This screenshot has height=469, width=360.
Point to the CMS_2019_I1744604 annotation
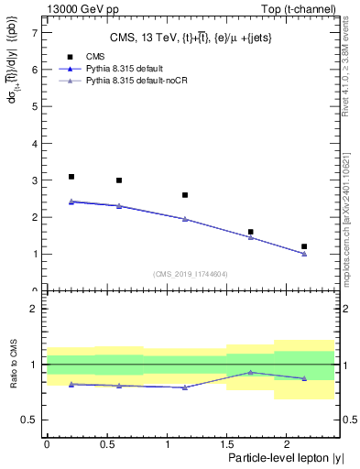[x=190, y=273]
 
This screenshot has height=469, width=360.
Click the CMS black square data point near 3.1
[x=71, y=177]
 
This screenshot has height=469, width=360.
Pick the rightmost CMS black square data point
[x=304, y=246]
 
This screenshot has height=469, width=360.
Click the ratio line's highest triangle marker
[x=250, y=373]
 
